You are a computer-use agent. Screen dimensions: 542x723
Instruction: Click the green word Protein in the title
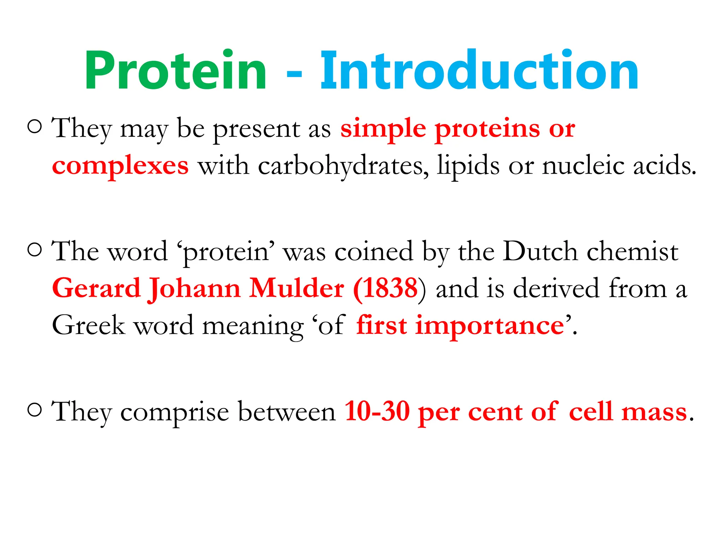(x=175, y=71)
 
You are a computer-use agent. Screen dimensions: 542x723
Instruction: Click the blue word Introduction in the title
(x=479, y=71)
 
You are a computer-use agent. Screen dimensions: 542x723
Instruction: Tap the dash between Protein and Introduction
(x=294, y=74)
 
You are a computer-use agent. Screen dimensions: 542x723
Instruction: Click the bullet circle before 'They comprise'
(x=35, y=410)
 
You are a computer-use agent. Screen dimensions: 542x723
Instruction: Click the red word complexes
(x=120, y=166)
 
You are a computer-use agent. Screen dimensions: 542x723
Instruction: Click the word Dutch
(x=540, y=251)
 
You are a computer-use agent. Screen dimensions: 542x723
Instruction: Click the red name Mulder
(x=296, y=288)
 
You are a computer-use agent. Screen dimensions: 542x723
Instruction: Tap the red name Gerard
(x=96, y=288)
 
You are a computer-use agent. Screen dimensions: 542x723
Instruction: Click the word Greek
(x=89, y=325)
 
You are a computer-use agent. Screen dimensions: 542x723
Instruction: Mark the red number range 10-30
(x=377, y=411)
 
